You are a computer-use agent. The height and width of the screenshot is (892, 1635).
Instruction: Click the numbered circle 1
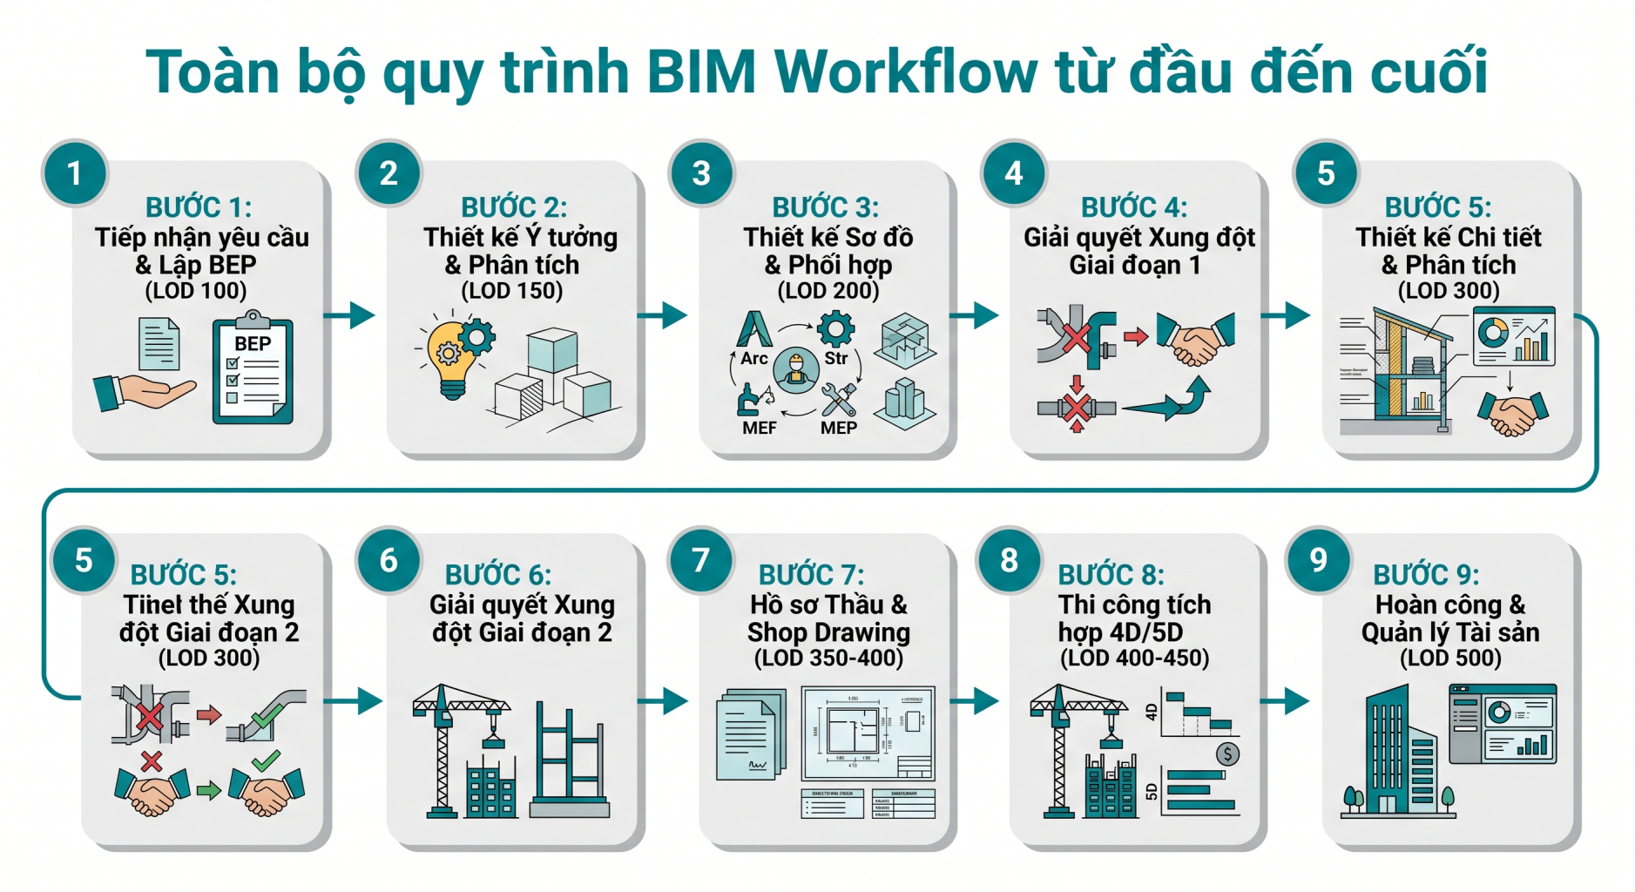point(75,172)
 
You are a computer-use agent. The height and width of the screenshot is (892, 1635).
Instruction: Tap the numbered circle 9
point(1318,560)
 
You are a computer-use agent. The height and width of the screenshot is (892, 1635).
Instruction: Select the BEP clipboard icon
point(253,370)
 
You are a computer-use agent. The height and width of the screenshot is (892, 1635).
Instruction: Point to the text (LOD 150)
point(511,291)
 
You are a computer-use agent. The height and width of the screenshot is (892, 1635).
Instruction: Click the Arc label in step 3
point(753,358)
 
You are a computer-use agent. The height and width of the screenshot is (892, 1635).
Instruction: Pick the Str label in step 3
point(835,358)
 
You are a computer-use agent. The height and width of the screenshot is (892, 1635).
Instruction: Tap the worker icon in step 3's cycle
point(795,368)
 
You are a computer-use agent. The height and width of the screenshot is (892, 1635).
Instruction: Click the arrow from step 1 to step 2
point(350,314)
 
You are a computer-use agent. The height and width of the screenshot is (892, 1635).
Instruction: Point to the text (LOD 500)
point(1450,659)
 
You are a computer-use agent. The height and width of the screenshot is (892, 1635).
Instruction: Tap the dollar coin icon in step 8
point(1226,753)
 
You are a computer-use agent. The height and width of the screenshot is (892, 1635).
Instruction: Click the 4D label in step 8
point(1151,712)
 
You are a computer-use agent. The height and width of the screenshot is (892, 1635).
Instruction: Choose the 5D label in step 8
point(1151,791)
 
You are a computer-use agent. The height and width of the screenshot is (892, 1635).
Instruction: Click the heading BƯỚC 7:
point(811,575)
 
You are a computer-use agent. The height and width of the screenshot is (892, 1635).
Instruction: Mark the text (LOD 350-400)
point(828,659)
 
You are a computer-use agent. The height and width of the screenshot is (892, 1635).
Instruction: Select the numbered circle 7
point(700,560)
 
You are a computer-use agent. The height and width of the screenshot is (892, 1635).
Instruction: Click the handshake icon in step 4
point(1195,338)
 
